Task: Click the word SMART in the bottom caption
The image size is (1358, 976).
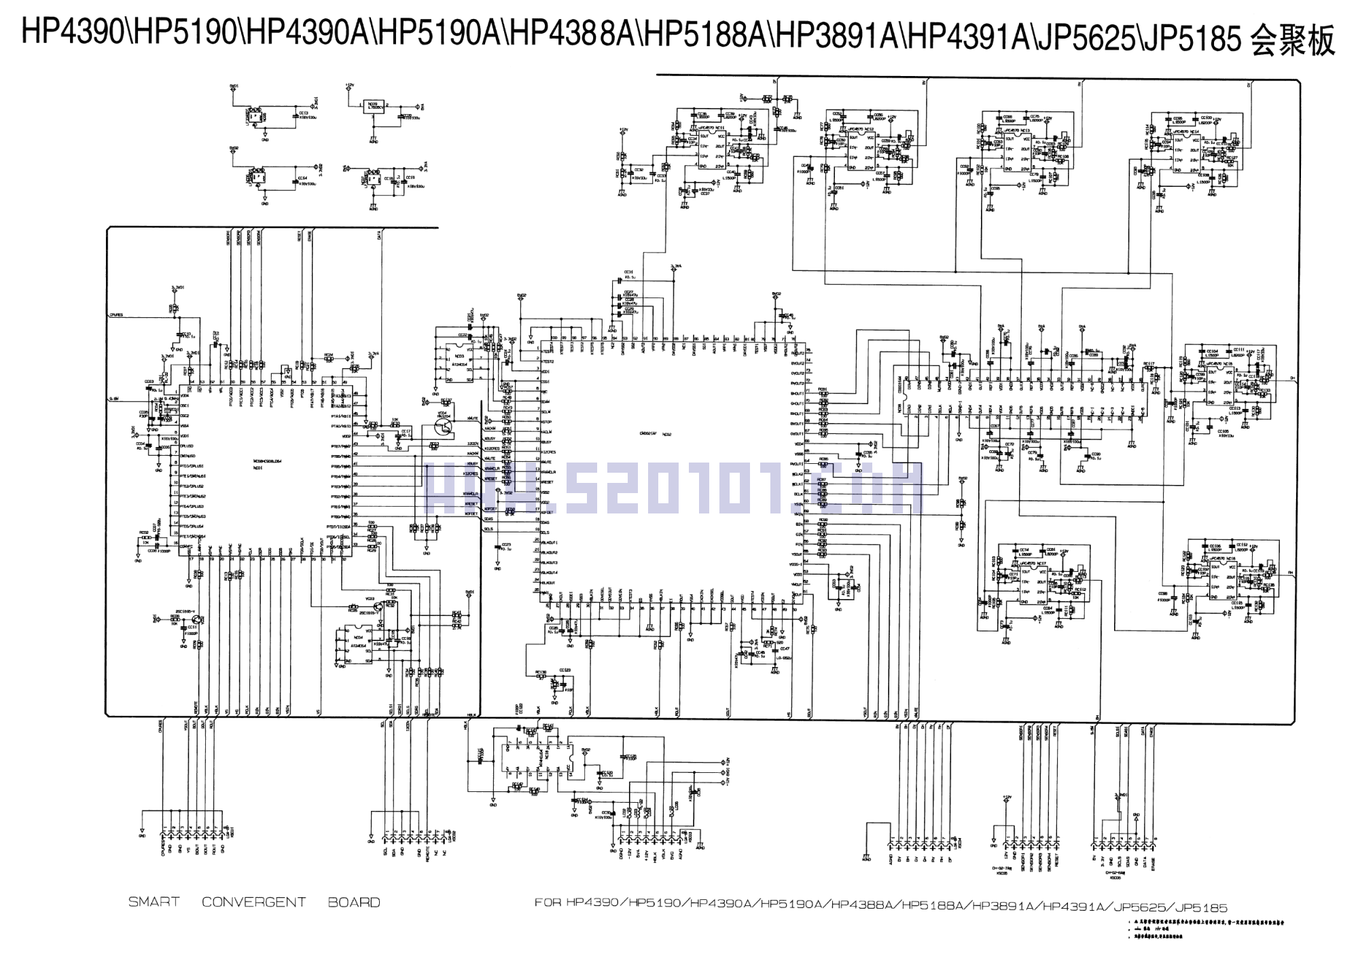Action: (154, 902)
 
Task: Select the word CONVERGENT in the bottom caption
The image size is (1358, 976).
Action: (253, 902)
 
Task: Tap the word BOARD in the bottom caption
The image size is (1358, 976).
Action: (353, 902)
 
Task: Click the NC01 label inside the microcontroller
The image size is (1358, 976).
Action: (258, 467)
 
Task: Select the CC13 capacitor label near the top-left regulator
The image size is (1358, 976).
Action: (304, 113)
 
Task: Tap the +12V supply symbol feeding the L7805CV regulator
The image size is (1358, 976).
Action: (349, 86)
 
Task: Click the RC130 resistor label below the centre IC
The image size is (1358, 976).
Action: (541, 672)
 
